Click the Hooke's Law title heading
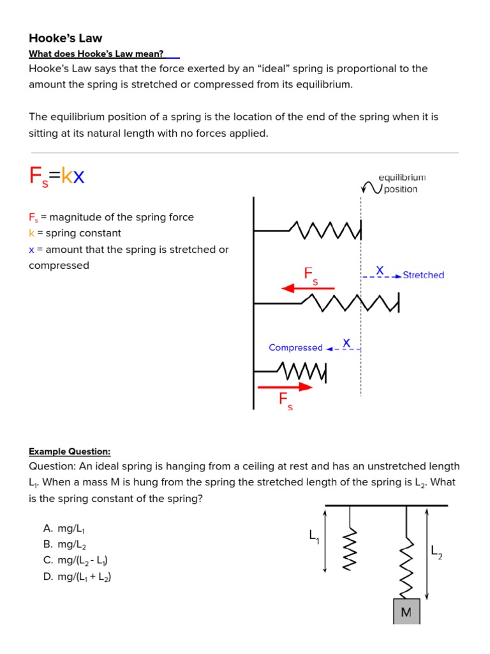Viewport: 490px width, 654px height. [x=65, y=38]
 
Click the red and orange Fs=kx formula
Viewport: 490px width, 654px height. [x=57, y=176]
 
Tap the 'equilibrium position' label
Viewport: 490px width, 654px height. [x=401, y=183]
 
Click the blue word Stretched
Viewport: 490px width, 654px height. [x=423, y=275]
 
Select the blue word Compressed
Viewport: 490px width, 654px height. [x=295, y=348]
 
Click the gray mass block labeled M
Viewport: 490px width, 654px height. [x=406, y=612]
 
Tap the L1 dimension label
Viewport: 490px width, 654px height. [x=315, y=538]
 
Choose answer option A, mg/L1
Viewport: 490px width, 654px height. [x=64, y=529]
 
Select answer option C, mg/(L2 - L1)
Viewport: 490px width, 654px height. [x=76, y=561]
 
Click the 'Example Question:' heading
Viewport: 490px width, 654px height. [x=70, y=452]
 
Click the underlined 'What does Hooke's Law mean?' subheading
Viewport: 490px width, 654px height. [x=96, y=54]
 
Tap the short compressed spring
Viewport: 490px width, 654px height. [x=302, y=370]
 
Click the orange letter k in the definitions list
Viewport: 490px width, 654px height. [x=31, y=234]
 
